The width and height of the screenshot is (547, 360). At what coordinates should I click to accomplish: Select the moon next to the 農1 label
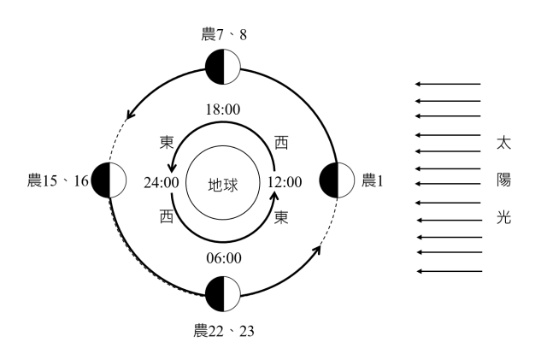click(337, 180)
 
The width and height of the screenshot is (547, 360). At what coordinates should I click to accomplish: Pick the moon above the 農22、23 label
click(224, 294)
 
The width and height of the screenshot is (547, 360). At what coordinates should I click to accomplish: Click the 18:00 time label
click(224, 110)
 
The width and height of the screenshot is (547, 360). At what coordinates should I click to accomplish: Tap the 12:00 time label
click(285, 181)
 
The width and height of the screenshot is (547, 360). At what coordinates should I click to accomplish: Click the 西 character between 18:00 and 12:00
click(280, 142)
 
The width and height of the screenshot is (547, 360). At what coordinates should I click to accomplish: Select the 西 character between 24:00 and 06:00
click(167, 219)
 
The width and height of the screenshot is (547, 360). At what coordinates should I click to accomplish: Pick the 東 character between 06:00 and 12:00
click(280, 219)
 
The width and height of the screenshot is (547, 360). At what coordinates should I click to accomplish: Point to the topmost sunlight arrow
click(448, 84)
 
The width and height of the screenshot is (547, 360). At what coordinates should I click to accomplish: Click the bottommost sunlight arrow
click(448, 271)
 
